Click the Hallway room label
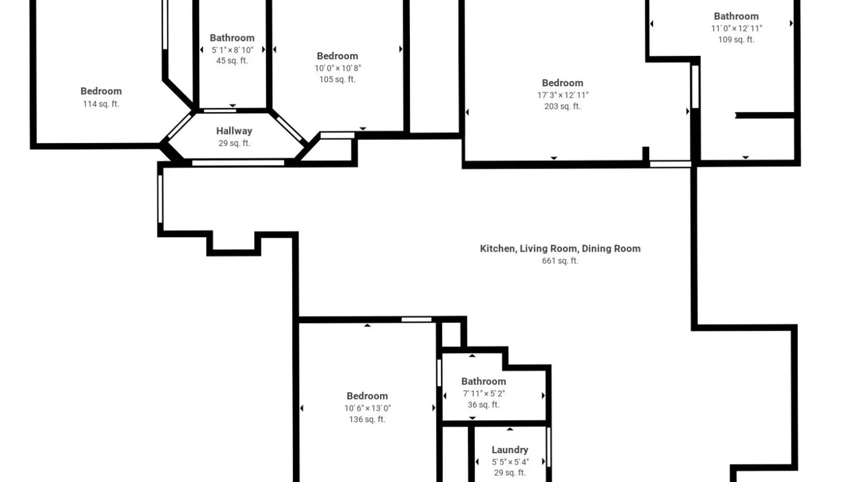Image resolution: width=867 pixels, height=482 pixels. coord(234,131)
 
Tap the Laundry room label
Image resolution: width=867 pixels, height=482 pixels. coord(510,450)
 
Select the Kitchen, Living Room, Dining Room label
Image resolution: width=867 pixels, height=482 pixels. coord(560,249)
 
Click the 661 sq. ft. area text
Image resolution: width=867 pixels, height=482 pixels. coord(560,261)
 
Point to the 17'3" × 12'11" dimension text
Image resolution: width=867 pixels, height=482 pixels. coord(563,95)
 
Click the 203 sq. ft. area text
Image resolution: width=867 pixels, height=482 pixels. coord(563,107)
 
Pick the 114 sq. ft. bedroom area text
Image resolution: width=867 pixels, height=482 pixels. coord(101,104)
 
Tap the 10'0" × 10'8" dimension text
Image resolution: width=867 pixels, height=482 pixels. coord(338,68)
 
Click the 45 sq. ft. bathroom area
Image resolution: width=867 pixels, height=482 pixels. coord(232,61)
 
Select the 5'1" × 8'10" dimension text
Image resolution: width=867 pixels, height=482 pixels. coord(232,50)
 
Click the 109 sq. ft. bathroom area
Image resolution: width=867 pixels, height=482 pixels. coord(736,40)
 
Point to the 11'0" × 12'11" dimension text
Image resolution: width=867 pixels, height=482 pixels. coord(736,28)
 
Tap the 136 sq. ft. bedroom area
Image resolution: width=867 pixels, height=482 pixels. coord(367,419)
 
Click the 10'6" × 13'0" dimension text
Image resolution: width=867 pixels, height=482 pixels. coord(368,408)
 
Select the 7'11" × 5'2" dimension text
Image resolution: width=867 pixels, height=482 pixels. coord(484,393)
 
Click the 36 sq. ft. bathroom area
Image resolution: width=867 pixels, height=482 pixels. coord(484,405)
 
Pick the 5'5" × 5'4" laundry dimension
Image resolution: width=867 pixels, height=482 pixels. coord(510,461)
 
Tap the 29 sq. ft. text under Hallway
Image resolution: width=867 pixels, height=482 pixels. coord(234,143)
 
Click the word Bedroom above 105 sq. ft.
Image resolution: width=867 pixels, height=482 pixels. coord(337,56)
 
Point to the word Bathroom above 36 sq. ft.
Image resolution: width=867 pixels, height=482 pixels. coord(484,381)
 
